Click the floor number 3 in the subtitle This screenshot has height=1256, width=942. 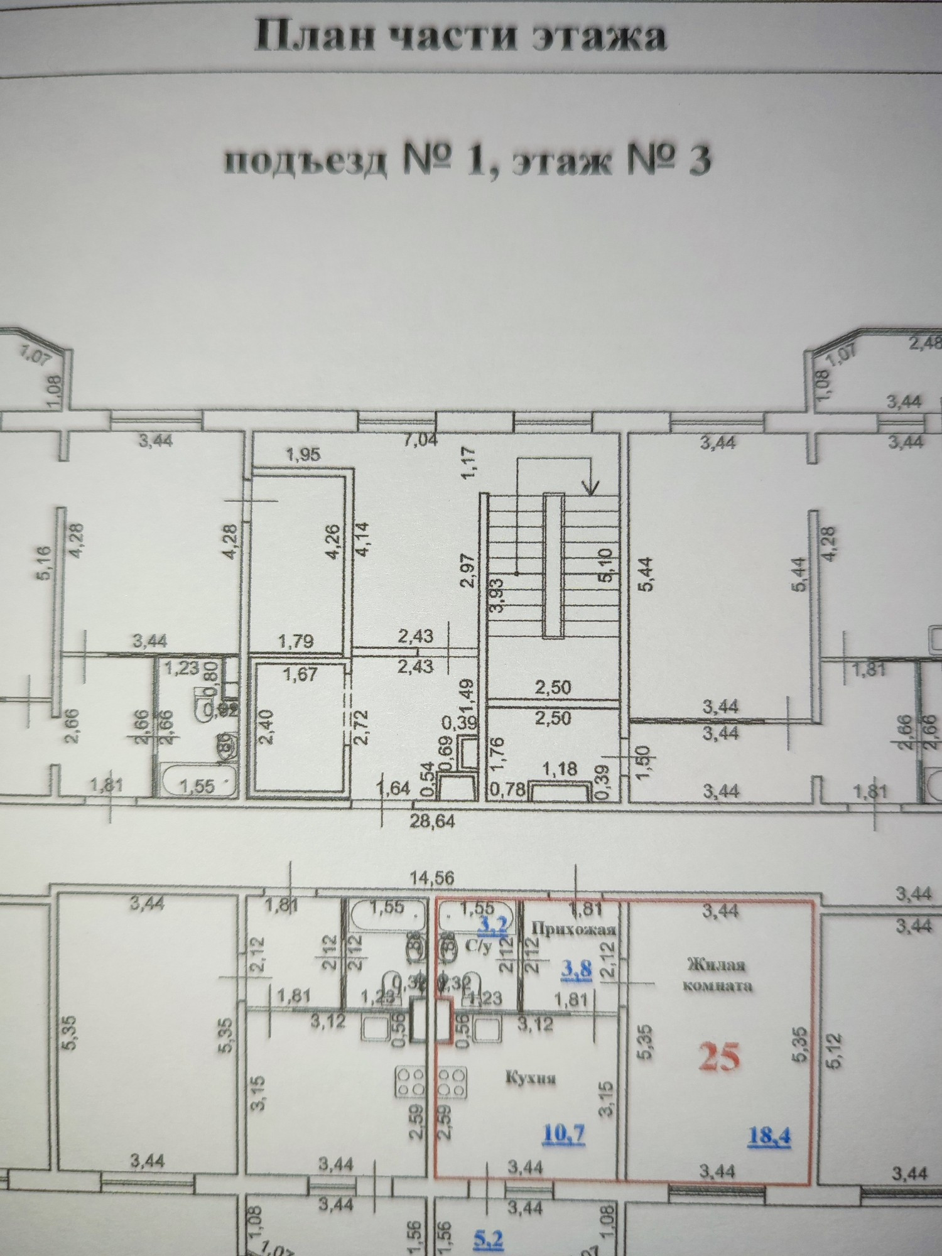(x=698, y=161)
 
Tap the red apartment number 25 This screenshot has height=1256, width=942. (x=720, y=1058)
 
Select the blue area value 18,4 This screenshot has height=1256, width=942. (x=769, y=1135)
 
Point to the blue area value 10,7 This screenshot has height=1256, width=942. (x=563, y=1133)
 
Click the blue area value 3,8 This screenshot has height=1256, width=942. (x=576, y=970)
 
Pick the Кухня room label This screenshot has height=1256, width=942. (x=531, y=1078)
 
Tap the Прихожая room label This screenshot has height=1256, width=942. (x=573, y=928)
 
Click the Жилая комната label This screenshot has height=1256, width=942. (x=717, y=974)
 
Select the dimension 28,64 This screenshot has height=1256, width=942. (x=432, y=821)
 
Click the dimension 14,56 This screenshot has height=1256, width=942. (x=432, y=878)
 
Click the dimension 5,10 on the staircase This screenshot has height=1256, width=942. (x=605, y=565)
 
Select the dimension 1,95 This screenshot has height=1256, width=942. (x=303, y=454)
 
